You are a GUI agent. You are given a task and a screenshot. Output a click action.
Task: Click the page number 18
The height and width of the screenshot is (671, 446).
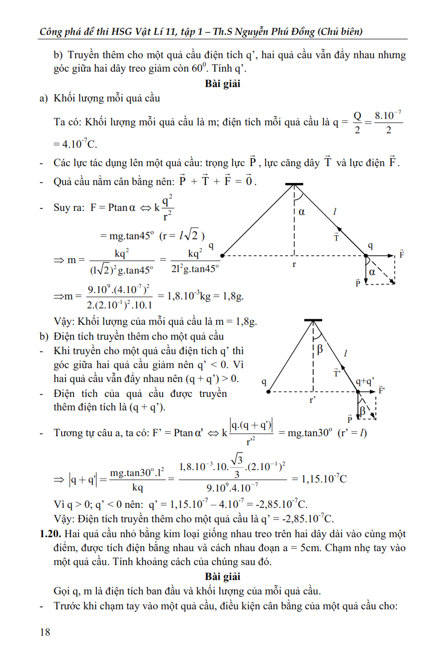(x=45, y=632)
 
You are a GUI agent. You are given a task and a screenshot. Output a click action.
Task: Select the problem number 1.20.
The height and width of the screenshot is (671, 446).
(x=50, y=534)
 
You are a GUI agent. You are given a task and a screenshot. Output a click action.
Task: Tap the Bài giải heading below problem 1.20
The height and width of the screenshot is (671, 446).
(x=222, y=576)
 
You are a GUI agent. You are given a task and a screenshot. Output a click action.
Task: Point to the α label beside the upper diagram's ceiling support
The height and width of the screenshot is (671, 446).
(x=301, y=212)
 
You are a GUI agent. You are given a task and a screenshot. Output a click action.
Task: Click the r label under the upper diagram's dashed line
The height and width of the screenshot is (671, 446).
(x=294, y=264)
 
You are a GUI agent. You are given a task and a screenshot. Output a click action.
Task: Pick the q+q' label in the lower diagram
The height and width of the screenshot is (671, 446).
(x=365, y=382)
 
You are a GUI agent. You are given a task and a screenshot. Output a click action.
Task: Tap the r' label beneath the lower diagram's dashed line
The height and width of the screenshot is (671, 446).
(x=313, y=400)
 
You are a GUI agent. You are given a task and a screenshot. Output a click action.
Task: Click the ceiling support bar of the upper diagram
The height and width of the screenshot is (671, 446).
(x=294, y=184)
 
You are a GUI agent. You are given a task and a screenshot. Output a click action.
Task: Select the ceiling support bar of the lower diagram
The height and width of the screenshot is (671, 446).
(x=313, y=320)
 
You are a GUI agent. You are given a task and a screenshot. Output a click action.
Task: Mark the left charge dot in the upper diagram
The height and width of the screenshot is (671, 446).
(x=222, y=256)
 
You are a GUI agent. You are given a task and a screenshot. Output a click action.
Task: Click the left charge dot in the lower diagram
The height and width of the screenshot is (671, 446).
(x=268, y=392)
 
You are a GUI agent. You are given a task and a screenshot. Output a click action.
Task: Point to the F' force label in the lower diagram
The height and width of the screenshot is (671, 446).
(x=382, y=390)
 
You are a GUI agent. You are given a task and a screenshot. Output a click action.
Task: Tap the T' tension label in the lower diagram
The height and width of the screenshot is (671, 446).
(x=337, y=373)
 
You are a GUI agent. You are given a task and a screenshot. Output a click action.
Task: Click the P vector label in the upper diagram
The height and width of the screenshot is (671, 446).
(x=357, y=283)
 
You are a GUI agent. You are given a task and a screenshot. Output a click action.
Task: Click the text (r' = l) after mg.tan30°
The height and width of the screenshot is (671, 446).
(x=352, y=433)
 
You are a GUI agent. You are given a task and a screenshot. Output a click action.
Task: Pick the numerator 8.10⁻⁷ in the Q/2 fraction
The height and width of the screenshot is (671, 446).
(x=388, y=116)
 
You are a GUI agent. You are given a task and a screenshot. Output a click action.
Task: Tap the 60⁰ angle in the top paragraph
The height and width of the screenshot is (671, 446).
(x=198, y=68)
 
